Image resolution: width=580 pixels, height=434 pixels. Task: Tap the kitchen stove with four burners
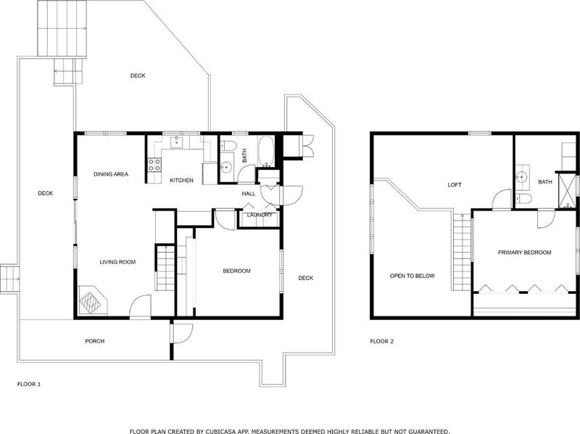(154, 165)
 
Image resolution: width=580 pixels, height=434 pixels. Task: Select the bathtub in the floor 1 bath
(265, 152)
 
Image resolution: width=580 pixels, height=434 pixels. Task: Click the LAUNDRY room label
(260, 215)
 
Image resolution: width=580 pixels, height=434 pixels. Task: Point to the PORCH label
(95, 341)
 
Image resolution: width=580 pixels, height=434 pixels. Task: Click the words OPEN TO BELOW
(412, 276)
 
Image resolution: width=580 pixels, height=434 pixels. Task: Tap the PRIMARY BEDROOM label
(524, 253)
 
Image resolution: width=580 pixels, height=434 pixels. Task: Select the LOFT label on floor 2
(455, 185)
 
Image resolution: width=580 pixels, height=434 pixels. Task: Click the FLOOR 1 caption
(29, 384)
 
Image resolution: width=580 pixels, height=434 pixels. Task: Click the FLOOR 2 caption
(382, 341)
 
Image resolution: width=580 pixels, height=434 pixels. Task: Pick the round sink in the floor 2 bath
(522, 177)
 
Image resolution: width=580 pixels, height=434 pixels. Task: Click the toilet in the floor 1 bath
(228, 146)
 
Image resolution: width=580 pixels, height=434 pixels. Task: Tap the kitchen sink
(176, 142)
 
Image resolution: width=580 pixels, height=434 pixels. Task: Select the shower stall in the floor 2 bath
(567, 191)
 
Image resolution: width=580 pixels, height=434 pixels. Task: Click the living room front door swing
(140, 306)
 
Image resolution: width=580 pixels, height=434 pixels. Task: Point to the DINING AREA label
(111, 174)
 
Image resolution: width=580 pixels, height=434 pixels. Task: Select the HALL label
(249, 194)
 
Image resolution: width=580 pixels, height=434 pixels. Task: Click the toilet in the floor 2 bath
(523, 198)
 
